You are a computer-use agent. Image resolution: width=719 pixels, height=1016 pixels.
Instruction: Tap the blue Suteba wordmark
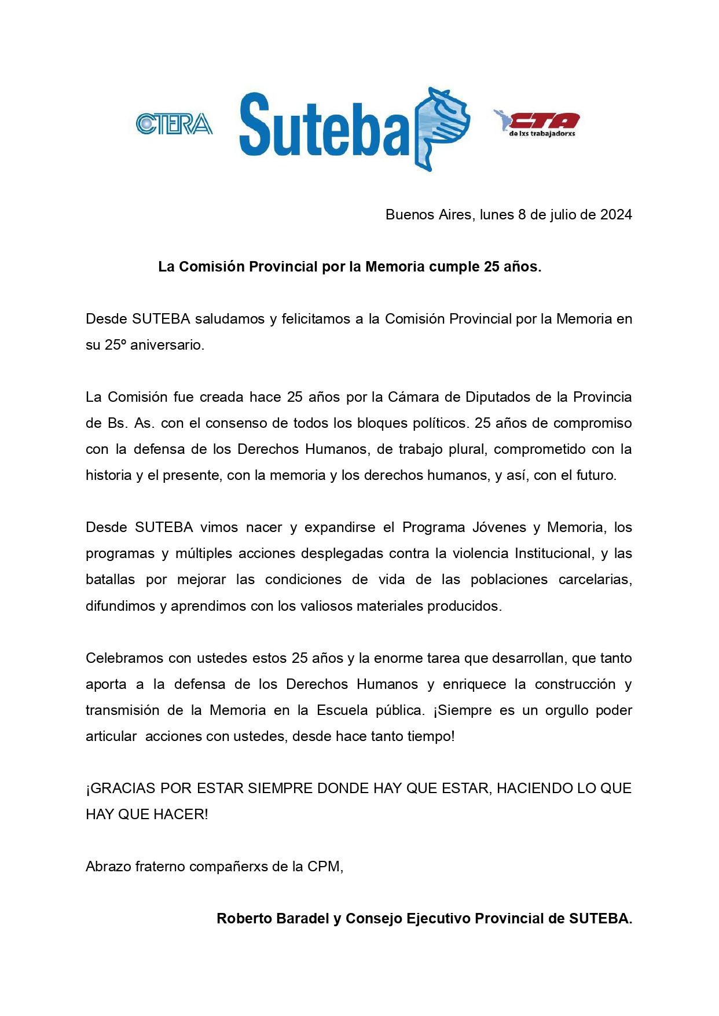coord(324,126)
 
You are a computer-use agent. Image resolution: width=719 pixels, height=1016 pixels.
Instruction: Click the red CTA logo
coord(537,123)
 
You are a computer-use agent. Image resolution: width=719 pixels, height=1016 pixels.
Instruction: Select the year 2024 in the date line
coord(615,215)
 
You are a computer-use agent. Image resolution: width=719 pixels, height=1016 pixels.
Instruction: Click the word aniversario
coord(167,345)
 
